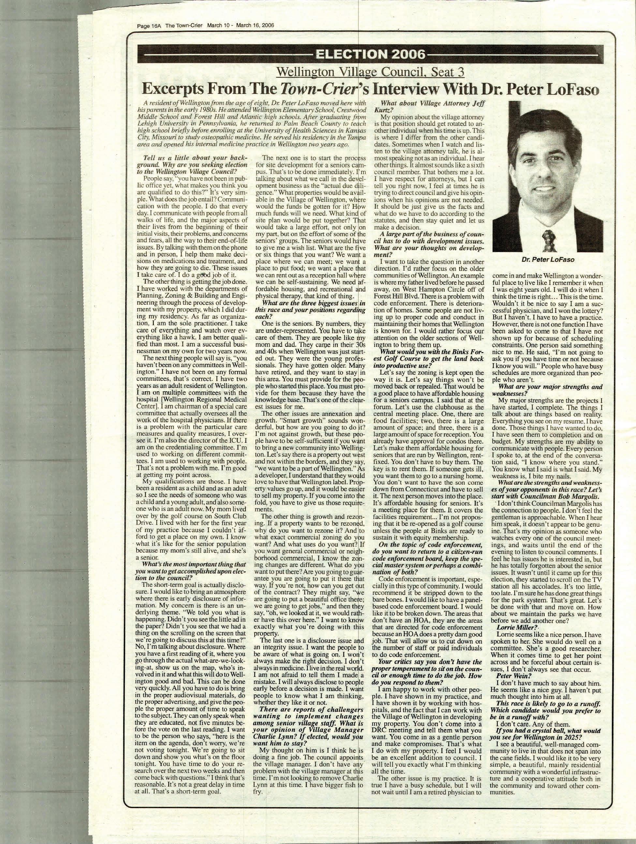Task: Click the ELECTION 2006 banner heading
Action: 369,55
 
